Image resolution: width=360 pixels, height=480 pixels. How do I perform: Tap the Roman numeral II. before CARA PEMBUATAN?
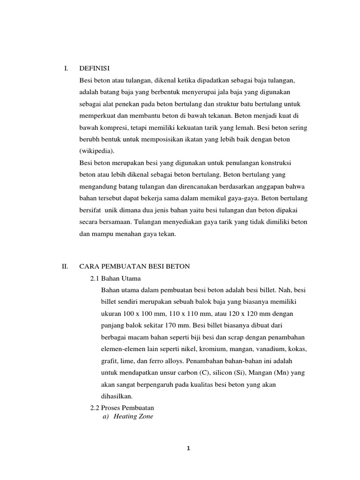(66, 267)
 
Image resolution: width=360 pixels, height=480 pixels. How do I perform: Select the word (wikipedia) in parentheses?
(97, 151)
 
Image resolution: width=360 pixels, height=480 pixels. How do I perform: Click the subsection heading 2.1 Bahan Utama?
(115, 278)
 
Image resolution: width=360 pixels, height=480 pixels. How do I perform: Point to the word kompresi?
(118, 128)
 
